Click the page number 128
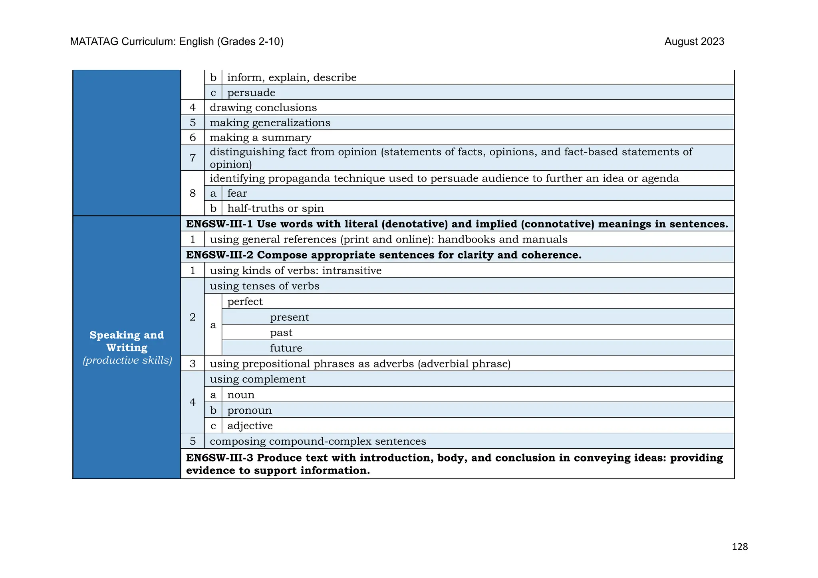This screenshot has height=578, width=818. click(739, 546)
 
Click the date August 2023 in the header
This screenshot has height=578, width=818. click(694, 41)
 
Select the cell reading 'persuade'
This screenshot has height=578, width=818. click(251, 93)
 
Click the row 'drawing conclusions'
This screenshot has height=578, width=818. click(263, 108)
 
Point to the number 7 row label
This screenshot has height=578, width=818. click(193, 158)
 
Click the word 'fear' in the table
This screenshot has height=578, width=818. click(237, 193)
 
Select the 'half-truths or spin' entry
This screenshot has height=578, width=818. click(275, 209)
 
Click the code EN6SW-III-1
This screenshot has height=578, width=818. click(219, 224)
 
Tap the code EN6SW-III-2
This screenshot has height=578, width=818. click(219, 255)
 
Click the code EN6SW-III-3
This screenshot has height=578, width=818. click(219, 458)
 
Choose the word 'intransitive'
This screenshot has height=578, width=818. click(351, 271)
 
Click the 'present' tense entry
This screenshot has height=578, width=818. click(289, 317)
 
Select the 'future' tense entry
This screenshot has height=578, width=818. click(286, 348)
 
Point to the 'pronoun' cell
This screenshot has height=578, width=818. click(249, 410)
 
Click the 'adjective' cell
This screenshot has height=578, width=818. click(250, 426)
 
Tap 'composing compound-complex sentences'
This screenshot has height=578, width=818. click(318, 442)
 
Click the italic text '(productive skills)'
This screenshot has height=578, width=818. click(127, 360)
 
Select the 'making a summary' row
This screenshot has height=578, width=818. click(260, 138)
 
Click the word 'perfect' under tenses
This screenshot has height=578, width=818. click(245, 302)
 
